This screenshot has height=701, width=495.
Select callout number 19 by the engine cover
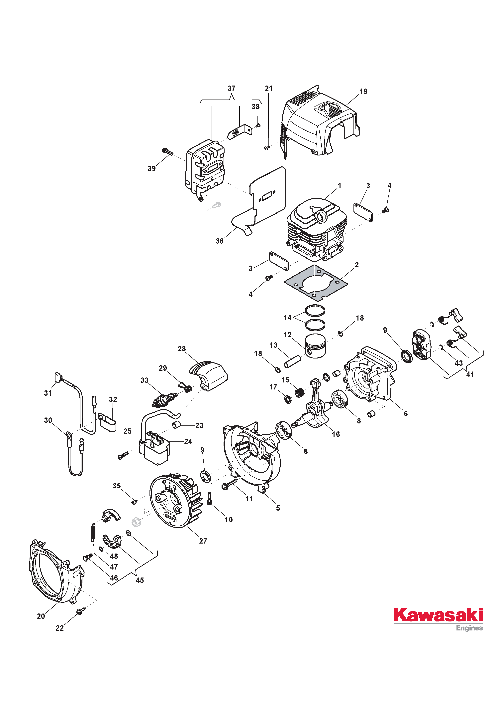[363, 91]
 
